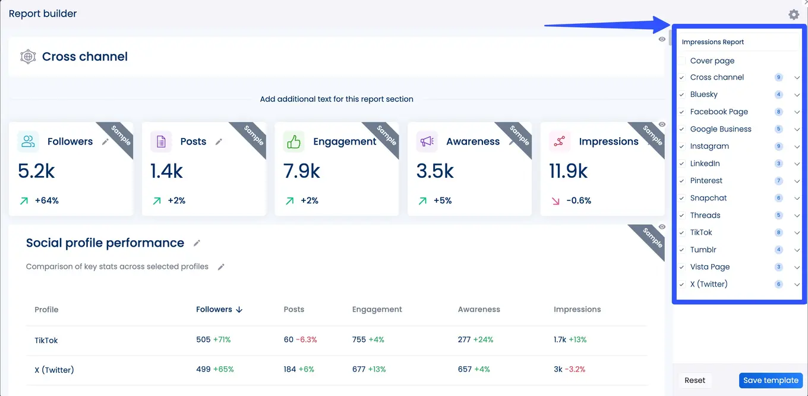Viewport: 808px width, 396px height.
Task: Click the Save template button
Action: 771,381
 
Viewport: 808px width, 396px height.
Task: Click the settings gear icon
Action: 794,14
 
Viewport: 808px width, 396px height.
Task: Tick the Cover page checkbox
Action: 682,61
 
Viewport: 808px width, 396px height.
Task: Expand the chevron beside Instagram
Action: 797,146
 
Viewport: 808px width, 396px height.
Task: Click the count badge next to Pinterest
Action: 778,181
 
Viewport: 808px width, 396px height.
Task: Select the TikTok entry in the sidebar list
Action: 701,232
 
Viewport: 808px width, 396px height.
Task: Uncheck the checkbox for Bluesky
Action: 682,95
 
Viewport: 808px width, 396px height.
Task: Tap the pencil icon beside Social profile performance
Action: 197,243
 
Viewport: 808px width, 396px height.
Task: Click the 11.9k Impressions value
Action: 568,171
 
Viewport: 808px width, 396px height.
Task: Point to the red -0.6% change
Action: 578,201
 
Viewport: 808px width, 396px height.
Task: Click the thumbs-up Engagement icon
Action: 293,142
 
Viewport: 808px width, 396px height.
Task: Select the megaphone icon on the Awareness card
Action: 427,142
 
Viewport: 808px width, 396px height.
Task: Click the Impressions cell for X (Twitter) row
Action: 569,369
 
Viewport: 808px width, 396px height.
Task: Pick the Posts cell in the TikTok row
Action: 300,340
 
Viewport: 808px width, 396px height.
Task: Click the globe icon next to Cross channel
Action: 28,57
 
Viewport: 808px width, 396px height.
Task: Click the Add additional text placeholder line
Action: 336,99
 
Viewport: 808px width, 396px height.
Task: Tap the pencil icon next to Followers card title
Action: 105,142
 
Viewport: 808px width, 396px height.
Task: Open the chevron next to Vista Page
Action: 797,267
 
